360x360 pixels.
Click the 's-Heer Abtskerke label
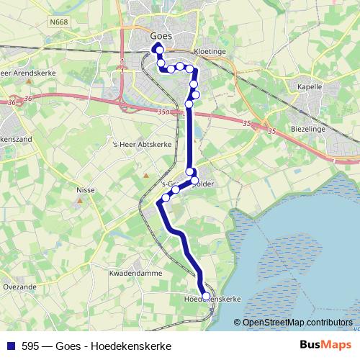click(136, 143)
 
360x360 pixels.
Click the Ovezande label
click(18, 286)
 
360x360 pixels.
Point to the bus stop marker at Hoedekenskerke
click(206, 296)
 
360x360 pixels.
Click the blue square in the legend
click(8, 346)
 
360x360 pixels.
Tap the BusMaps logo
click(325, 346)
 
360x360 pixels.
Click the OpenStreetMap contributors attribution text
click(297, 322)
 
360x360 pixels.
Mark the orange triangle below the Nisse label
click(80, 201)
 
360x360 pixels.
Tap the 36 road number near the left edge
click(12, 103)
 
